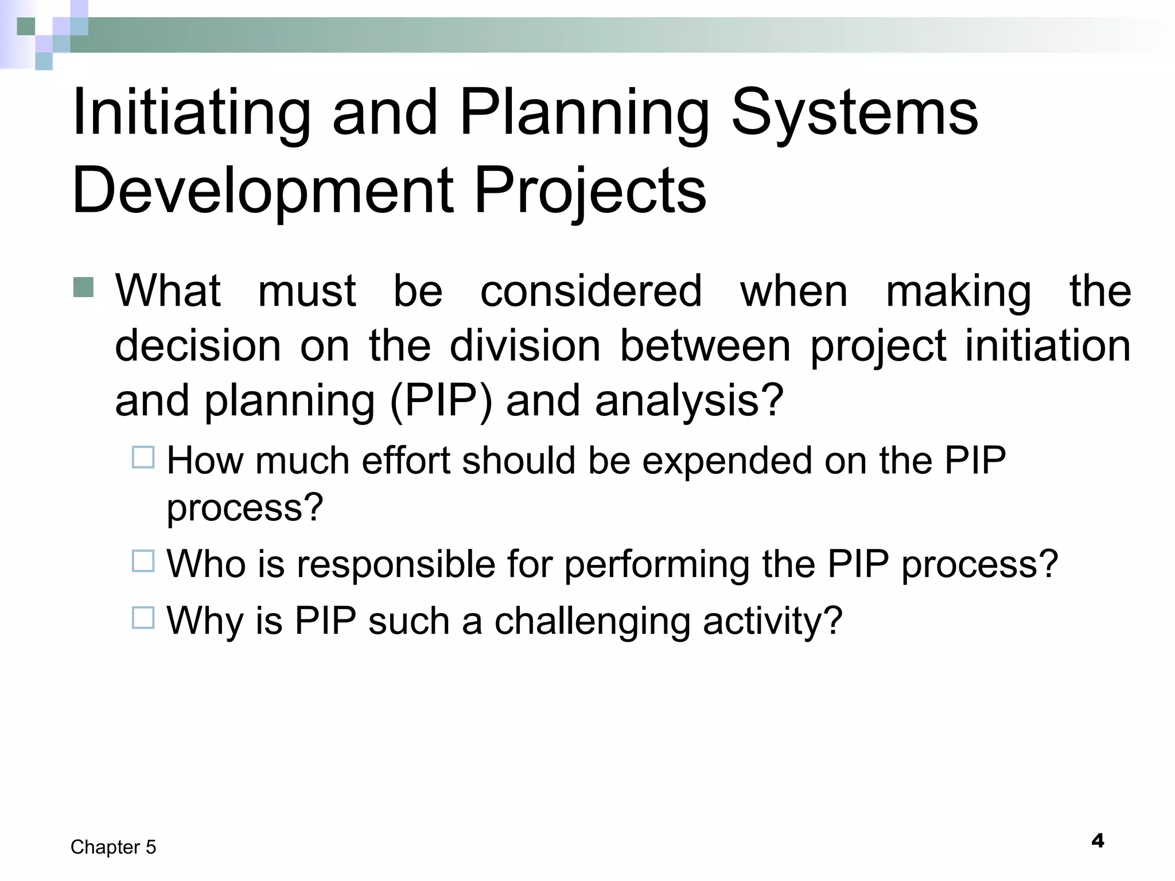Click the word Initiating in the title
(191, 113)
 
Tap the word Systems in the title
(854, 113)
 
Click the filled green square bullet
(84, 287)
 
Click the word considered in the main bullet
(591, 291)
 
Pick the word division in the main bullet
(525, 346)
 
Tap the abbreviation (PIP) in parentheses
(441, 400)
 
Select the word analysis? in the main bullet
(689, 400)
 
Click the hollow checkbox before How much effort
(143, 458)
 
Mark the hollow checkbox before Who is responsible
(143, 561)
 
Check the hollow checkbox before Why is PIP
(143, 618)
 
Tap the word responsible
(396, 564)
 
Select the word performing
(657, 565)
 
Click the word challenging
(592, 622)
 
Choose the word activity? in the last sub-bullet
(772, 622)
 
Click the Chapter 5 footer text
(113, 847)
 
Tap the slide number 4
(1098, 841)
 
